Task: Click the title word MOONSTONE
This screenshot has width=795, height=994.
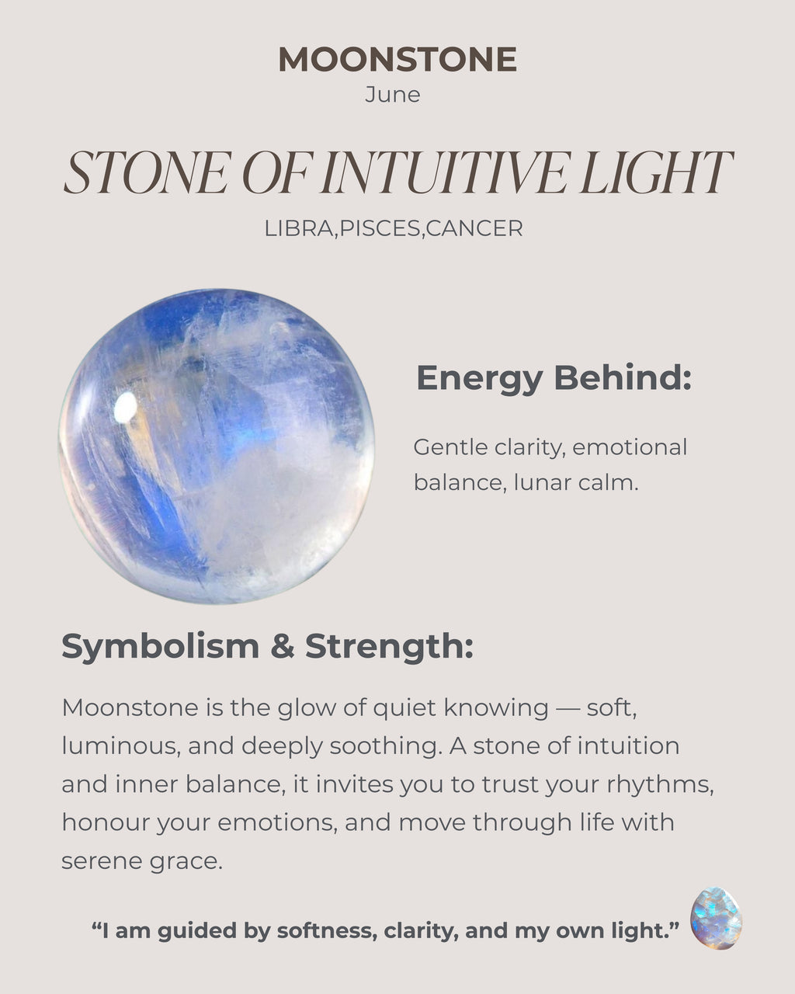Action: coord(397,60)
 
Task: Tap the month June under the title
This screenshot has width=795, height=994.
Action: coord(392,95)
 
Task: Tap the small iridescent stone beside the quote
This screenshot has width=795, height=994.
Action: coord(716,918)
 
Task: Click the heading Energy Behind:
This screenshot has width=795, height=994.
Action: coord(553,378)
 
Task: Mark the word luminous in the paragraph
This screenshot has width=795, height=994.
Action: coord(120,745)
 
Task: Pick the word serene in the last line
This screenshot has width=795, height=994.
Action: coord(97,860)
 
